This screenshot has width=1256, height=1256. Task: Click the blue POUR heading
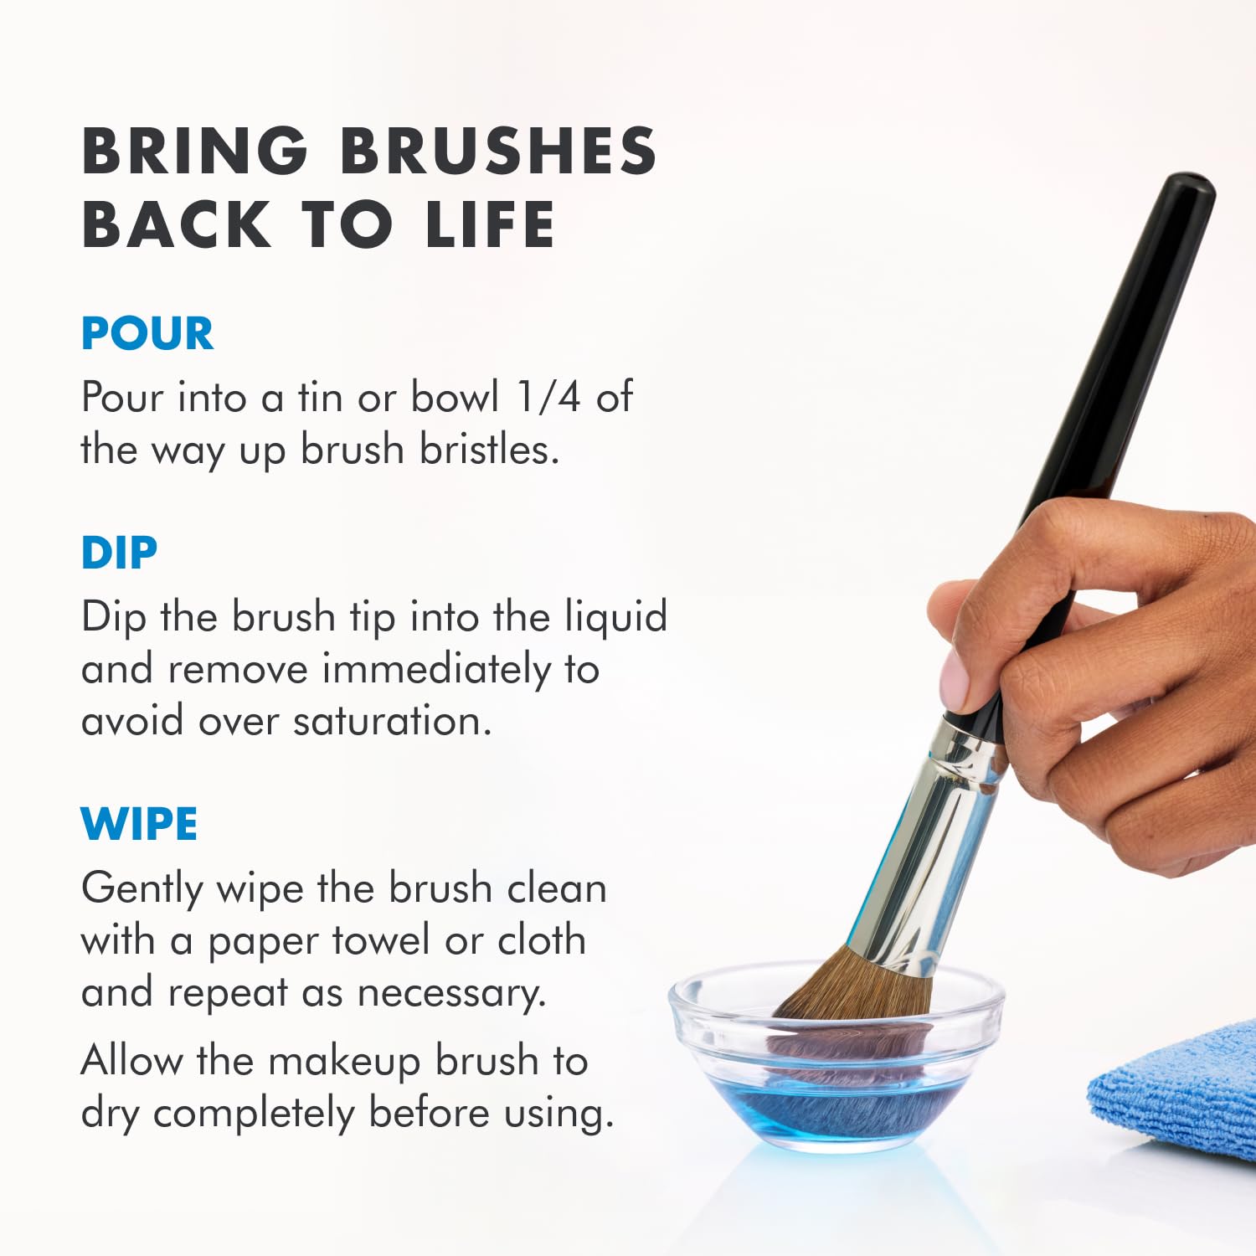tap(147, 334)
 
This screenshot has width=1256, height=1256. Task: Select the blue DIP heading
tap(119, 553)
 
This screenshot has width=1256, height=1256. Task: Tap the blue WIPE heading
tap(139, 825)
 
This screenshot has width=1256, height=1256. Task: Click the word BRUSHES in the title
tap(498, 152)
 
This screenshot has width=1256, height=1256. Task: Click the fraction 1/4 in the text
tap(548, 397)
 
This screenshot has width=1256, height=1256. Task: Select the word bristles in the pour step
tap(489, 450)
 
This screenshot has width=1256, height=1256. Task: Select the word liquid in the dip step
tap(615, 618)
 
